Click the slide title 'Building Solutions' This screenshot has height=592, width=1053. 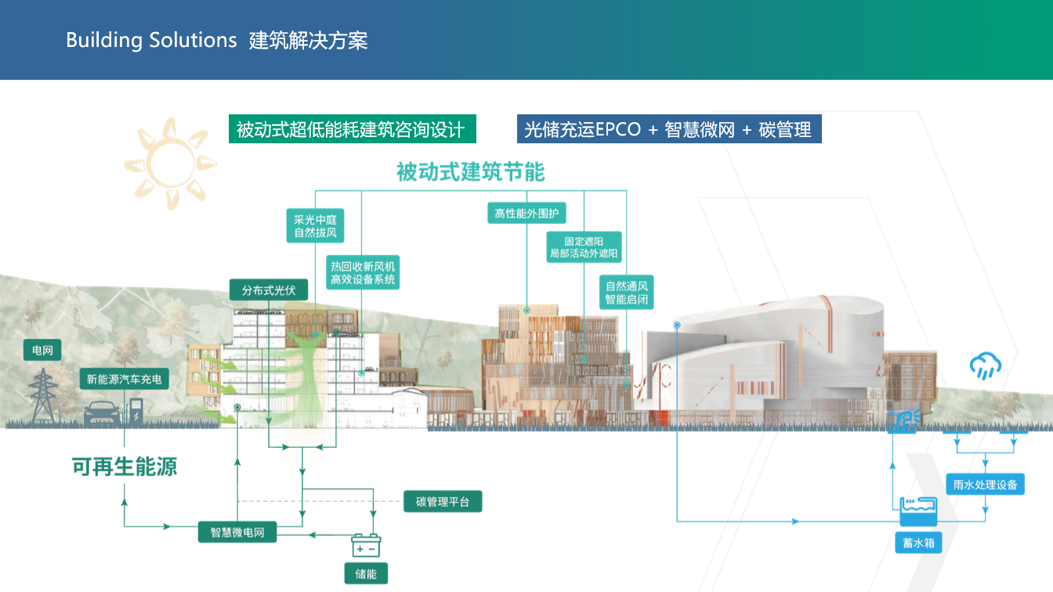coord(151,40)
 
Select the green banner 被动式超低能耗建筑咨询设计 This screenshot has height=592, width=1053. coord(352,129)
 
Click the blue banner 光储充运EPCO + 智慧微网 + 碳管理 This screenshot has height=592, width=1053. coord(668,129)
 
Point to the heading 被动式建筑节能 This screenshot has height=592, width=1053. coord(470,171)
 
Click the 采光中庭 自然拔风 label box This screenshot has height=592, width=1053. coord(315,226)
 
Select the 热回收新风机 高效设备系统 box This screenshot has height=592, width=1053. coord(363,273)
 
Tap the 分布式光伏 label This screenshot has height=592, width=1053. coord(269,290)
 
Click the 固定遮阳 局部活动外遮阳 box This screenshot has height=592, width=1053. coord(584,247)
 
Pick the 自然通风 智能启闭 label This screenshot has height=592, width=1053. coord(626,293)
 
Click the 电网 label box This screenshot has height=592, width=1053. coord(42,351)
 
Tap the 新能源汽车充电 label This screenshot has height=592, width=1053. coord(125,379)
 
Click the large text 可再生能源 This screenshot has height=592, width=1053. coord(125,467)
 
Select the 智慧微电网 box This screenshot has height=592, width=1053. coord(237,532)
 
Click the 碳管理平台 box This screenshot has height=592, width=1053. coord(443,502)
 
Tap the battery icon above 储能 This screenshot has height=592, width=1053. coord(366,544)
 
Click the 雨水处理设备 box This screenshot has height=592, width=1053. coord(986,485)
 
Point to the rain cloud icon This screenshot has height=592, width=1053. coord(985,366)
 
